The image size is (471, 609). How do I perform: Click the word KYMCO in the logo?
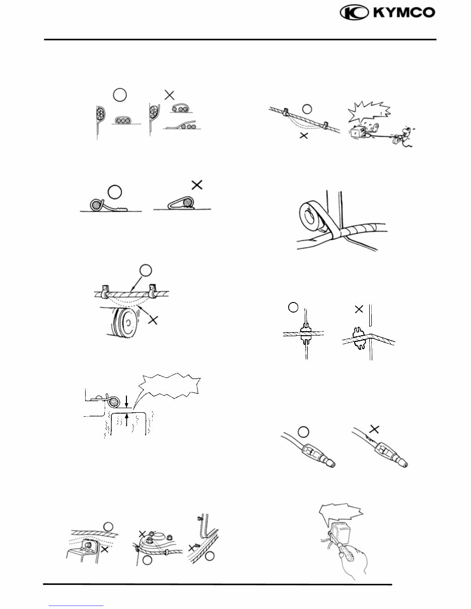coord(405,13)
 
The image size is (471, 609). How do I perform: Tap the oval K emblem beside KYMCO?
coord(354,13)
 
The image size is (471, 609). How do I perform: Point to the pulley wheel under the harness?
coord(123,322)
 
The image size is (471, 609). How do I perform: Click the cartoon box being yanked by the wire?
coord(362,132)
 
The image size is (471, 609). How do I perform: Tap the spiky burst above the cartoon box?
coord(369,112)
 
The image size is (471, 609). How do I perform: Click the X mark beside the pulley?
coord(153,320)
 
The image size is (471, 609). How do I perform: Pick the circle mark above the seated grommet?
coord(293,307)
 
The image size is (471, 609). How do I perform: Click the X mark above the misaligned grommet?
coord(359,310)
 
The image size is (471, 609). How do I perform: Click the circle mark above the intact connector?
coord(303,432)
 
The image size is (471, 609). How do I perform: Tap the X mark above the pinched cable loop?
coord(197,185)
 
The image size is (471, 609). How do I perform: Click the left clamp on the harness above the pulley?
coord(105,291)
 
